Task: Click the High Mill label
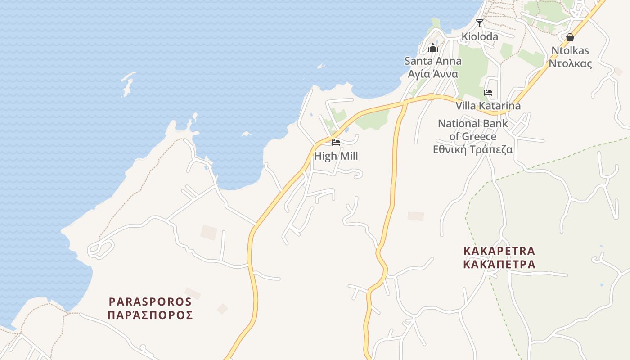tap(336, 156)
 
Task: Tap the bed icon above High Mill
tap(336, 143)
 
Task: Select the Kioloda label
tap(480, 37)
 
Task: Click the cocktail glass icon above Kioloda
tap(480, 23)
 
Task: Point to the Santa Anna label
tap(432, 61)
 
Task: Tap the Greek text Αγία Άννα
tap(432, 74)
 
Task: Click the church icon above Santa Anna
tap(433, 48)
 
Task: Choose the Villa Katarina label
tap(488, 106)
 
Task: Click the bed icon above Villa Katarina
tap(488, 93)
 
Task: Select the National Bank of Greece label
tap(472, 130)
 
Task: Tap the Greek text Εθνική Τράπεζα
tap(472, 149)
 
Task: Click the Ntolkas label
tap(570, 50)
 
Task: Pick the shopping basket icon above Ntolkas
tap(570, 37)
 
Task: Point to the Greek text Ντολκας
tap(570, 63)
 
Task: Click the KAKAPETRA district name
tap(499, 251)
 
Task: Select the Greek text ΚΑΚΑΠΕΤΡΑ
tap(499, 264)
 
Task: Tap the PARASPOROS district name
tap(150, 301)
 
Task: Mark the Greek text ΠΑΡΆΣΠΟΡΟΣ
tap(150, 315)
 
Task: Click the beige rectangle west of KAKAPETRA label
tap(415, 216)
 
